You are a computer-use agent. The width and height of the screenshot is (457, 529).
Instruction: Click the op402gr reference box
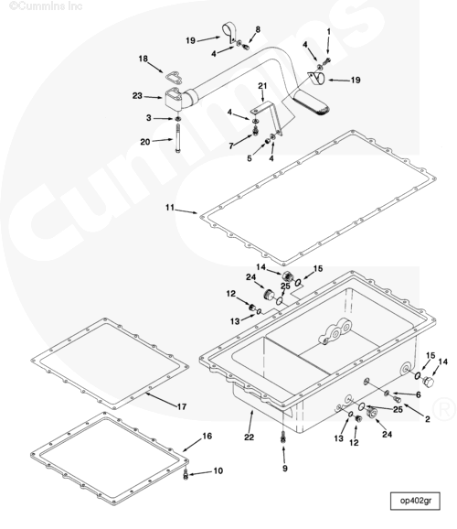tap(415, 501)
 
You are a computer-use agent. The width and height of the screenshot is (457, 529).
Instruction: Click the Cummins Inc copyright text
tap(46, 6)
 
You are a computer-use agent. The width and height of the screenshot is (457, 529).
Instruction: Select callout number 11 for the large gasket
tap(170, 207)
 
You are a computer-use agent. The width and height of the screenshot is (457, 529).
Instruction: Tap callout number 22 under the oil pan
tap(249, 437)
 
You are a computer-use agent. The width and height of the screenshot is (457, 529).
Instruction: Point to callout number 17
tap(182, 406)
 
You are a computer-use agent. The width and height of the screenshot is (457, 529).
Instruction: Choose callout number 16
tap(207, 436)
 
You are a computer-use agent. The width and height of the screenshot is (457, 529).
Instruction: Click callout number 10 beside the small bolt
tap(218, 470)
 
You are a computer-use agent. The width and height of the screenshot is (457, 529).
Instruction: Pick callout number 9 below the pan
tap(285, 468)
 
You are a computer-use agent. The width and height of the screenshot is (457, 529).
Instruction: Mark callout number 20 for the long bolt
tap(145, 142)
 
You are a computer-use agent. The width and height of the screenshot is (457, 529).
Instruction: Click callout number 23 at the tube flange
tap(137, 96)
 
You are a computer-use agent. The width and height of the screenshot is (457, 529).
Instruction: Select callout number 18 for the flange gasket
tap(143, 59)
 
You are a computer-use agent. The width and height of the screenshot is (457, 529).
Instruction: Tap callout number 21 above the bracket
tap(262, 86)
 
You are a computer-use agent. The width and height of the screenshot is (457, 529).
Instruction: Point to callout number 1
tap(329, 32)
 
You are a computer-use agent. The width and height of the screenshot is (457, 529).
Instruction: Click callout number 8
tap(258, 29)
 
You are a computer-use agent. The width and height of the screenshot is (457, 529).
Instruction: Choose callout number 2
tap(428, 419)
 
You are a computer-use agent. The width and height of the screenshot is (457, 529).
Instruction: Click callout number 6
tap(419, 394)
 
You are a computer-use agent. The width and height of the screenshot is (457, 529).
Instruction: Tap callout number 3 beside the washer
tap(149, 118)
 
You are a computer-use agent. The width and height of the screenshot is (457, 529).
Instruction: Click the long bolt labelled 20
tap(177, 139)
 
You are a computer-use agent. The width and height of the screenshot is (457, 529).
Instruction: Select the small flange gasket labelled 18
tap(174, 78)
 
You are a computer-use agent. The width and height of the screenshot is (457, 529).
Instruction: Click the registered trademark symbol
tap(444, 409)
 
